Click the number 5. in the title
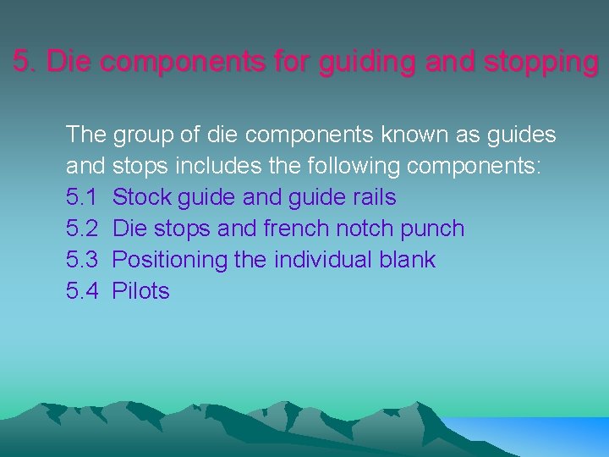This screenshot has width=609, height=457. click(x=26, y=62)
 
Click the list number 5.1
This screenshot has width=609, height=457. click(x=82, y=197)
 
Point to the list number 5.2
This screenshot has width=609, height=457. click(x=83, y=228)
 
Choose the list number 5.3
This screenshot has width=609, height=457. click(x=83, y=260)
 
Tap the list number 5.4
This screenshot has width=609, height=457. click(x=83, y=291)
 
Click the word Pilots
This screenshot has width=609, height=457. click(x=141, y=291)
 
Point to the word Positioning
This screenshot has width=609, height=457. click(x=170, y=260)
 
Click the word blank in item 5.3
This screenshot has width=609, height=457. click(x=407, y=260)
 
